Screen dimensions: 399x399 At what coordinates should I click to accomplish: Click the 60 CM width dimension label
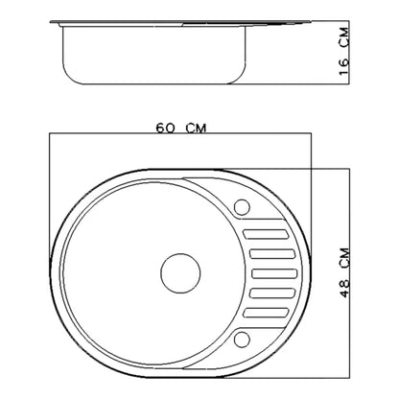[x=181, y=128]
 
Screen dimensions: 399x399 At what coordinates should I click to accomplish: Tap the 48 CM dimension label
[x=345, y=272]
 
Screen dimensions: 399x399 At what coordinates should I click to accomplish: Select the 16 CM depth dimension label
[x=344, y=52]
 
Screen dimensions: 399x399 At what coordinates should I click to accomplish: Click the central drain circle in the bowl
[x=180, y=273]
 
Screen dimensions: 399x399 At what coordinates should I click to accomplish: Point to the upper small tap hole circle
[x=242, y=207]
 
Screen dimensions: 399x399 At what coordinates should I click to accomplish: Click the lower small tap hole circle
[x=242, y=340]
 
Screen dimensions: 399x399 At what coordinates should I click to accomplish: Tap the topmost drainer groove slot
[x=266, y=234]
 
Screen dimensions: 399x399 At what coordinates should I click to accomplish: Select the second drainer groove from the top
[x=272, y=253]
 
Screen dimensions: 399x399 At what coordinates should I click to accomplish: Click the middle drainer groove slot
[x=274, y=273]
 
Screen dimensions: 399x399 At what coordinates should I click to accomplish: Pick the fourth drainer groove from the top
[x=272, y=293]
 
